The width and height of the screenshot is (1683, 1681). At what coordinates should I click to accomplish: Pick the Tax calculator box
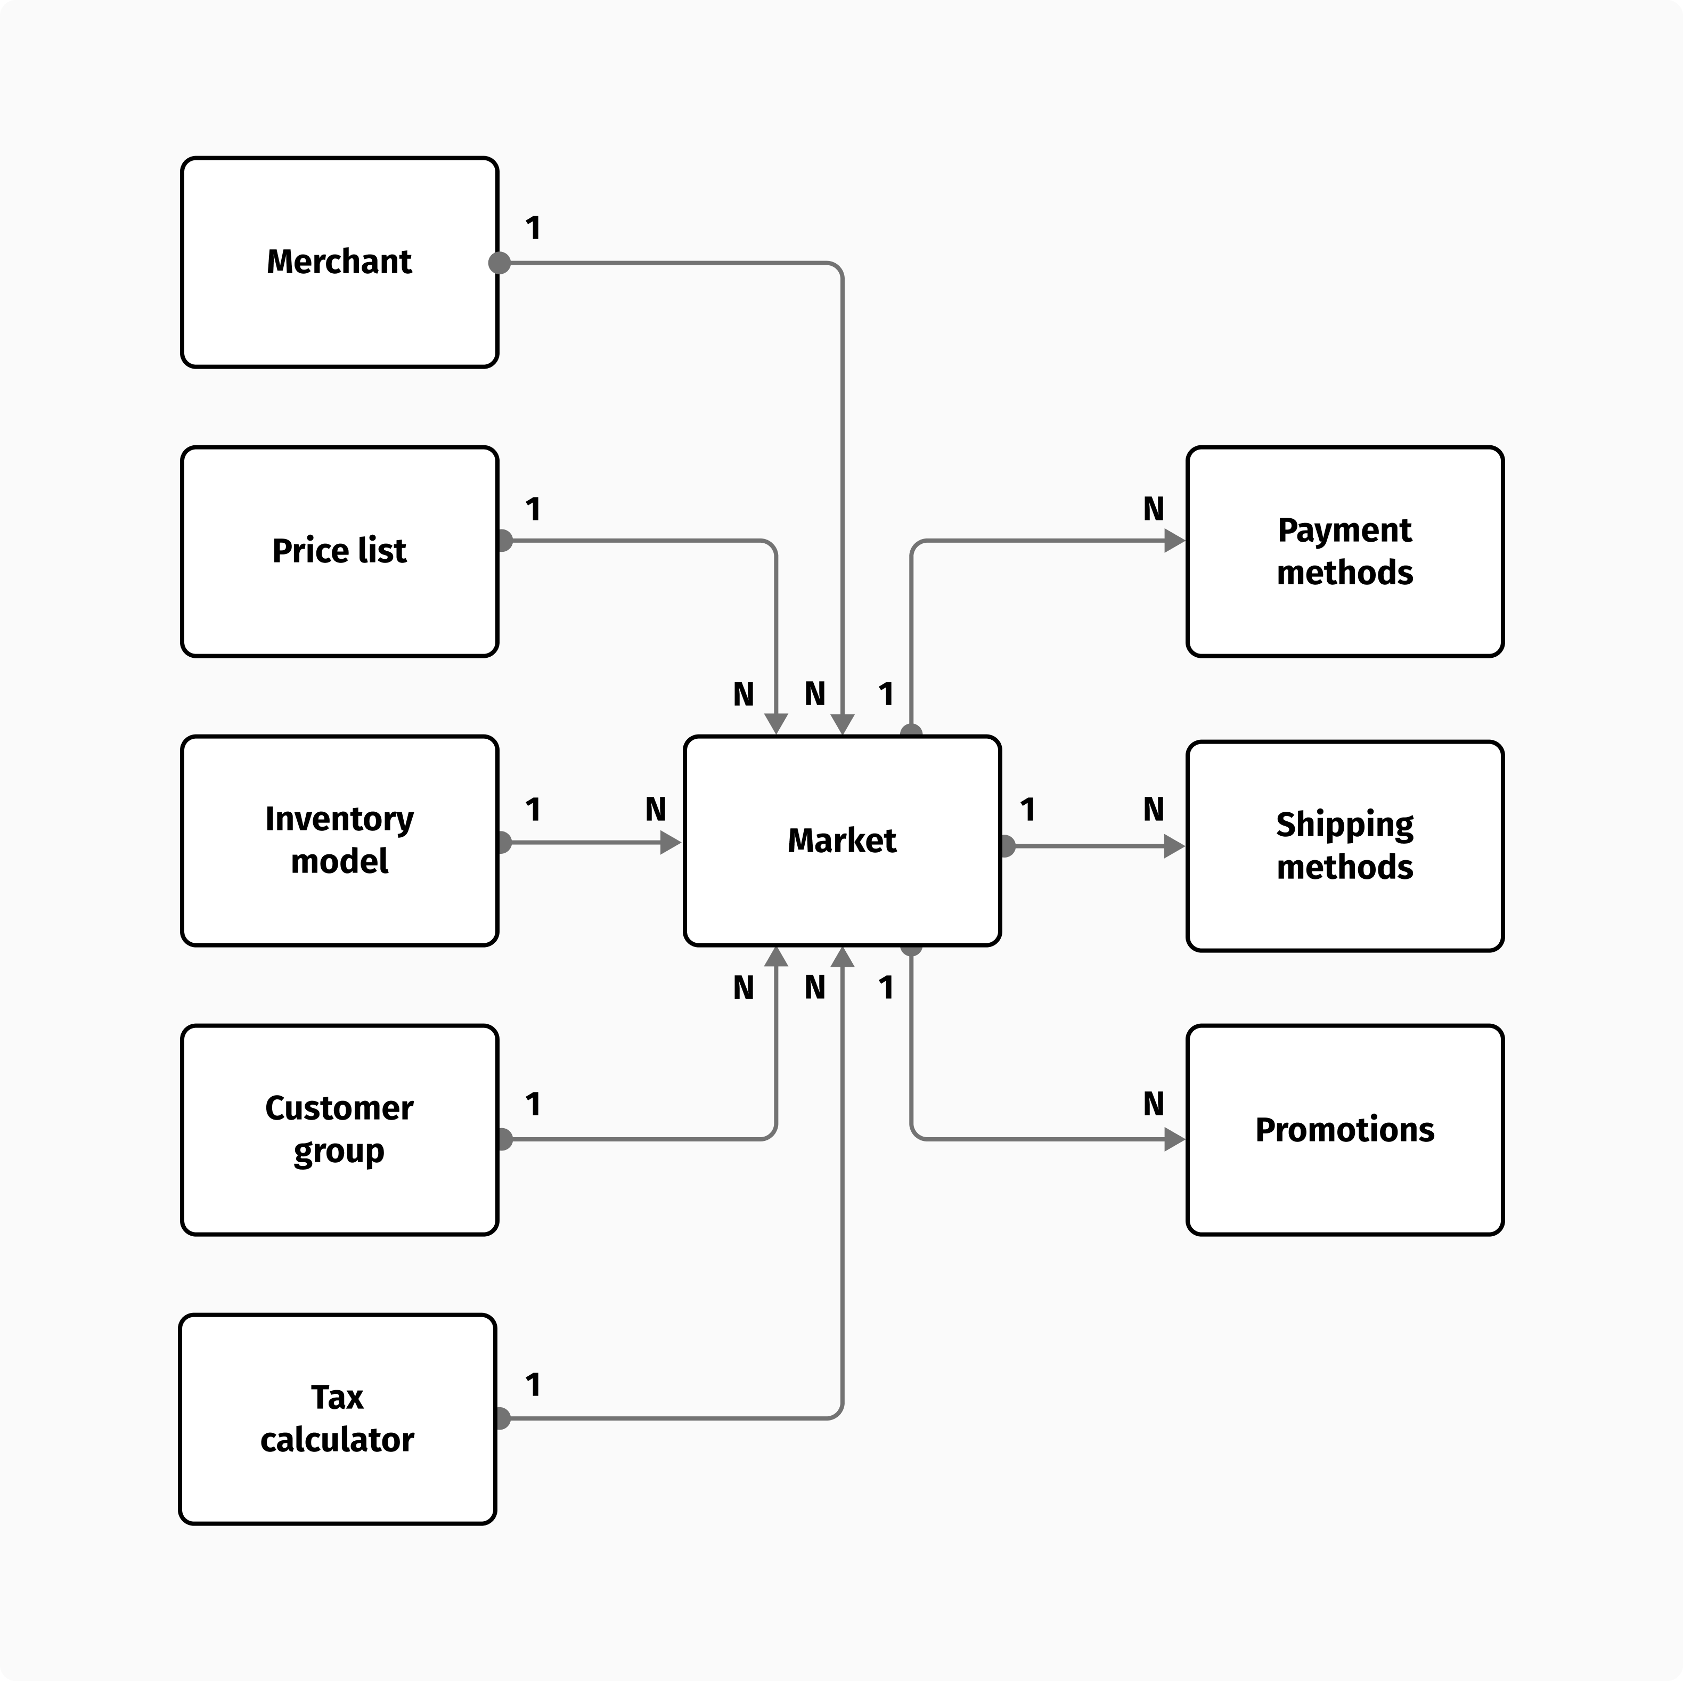pyautogui.click(x=337, y=1419)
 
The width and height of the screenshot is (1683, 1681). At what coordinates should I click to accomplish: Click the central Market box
pyautogui.click(x=841, y=840)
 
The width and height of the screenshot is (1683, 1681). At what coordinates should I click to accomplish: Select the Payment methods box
pyautogui.click(x=1344, y=551)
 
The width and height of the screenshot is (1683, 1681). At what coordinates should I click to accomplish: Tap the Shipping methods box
pyautogui.click(x=1344, y=846)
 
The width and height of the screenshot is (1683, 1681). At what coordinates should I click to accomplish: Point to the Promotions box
pyautogui.click(x=1344, y=1130)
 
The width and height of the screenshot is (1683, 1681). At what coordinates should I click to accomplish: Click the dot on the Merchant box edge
pyautogui.click(x=499, y=262)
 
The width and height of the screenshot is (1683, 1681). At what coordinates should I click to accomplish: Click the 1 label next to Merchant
pyautogui.click(x=533, y=228)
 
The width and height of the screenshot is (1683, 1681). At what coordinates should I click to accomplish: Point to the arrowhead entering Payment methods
pyautogui.click(x=1174, y=541)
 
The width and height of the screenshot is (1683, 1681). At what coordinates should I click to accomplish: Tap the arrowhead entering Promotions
pyautogui.click(x=1174, y=1139)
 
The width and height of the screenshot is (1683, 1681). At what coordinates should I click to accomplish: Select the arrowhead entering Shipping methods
pyautogui.click(x=1174, y=846)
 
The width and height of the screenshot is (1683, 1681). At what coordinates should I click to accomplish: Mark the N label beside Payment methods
pyautogui.click(x=1154, y=509)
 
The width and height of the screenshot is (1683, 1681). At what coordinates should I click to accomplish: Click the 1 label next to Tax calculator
pyautogui.click(x=533, y=1385)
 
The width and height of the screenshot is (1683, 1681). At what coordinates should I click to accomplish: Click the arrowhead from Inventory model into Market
pyautogui.click(x=671, y=842)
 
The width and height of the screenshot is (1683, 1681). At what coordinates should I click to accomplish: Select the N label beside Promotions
pyautogui.click(x=1154, y=1104)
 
